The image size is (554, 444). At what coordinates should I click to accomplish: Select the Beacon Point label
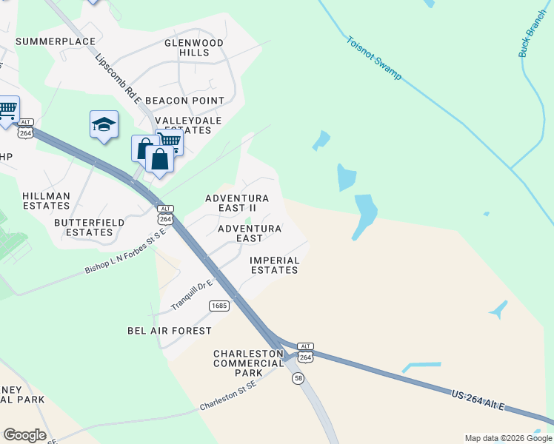tap(184, 100)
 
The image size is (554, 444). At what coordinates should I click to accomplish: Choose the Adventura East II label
tap(236, 203)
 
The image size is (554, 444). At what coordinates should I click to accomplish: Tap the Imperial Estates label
tap(274, 265)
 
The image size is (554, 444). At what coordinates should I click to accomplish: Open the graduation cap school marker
tap(104, 125)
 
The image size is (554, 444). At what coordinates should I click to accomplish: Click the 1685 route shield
tap(218, 306)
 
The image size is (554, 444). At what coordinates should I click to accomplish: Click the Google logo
tap(24, 435)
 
